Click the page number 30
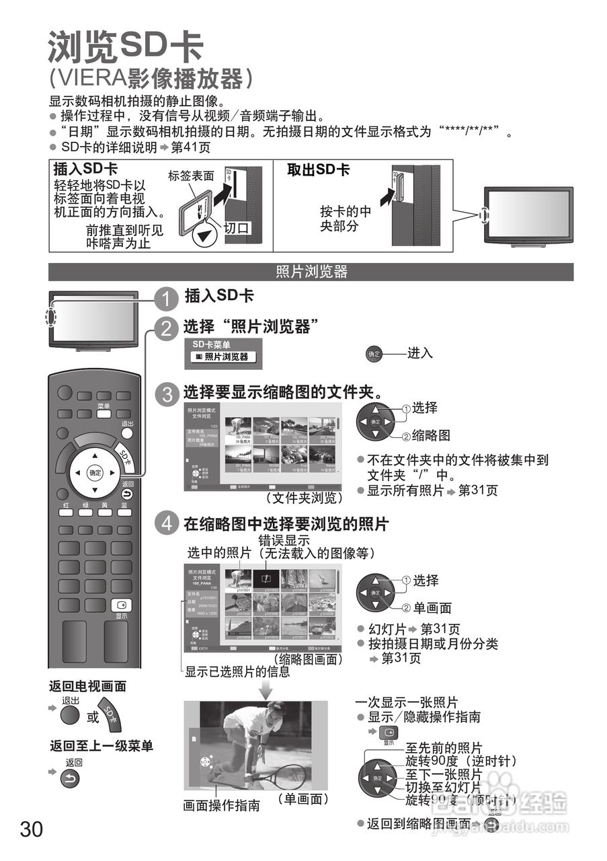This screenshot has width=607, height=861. coord(32,829)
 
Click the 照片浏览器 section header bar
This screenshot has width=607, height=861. coord(311,272)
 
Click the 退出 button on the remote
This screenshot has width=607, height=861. coord(127,433)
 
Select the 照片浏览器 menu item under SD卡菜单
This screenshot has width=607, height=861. coord(222,357)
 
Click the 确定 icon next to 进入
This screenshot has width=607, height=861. coord(373,354)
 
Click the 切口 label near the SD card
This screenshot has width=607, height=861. coord(236,228)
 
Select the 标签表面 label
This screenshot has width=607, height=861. coord(191,176)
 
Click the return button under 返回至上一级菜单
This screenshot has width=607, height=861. coord(70,779)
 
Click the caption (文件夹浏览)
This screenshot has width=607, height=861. coord(304,498)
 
